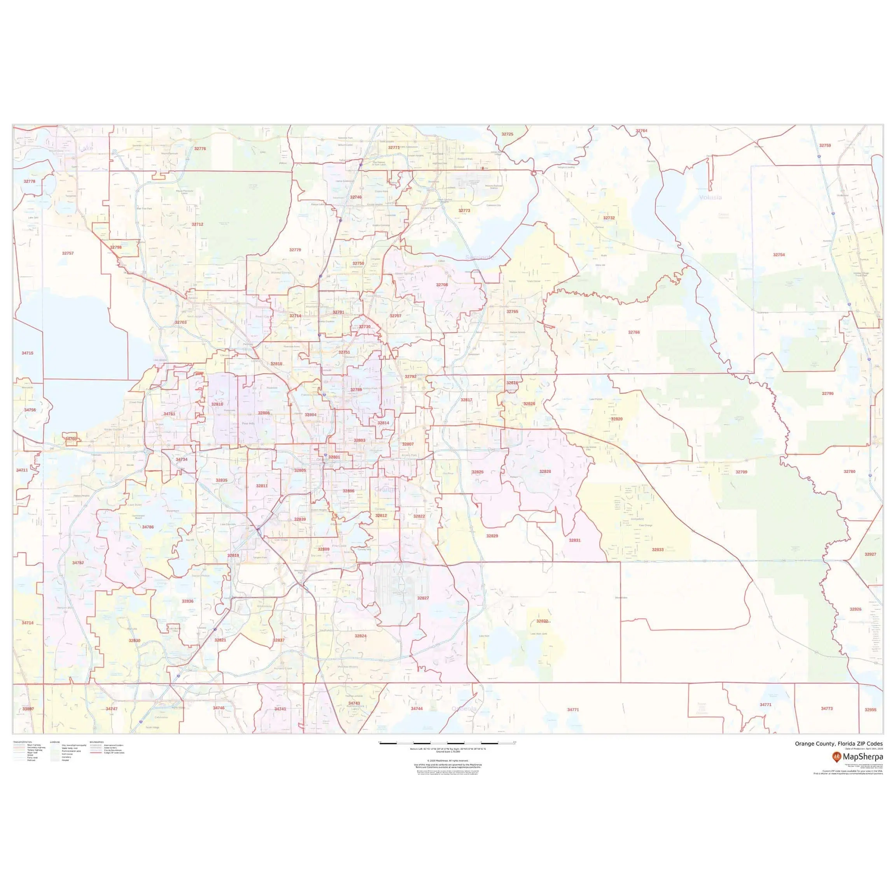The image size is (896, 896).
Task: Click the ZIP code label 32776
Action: pos(200,149)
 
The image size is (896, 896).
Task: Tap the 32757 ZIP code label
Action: pos(68,253)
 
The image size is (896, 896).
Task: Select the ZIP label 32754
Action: pos(779,255)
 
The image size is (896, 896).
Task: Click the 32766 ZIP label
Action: pos(634,332)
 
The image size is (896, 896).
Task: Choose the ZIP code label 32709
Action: pos(742,472)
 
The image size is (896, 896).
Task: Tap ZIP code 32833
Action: pos(658,549)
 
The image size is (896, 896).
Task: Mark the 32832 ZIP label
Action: pos(542,621)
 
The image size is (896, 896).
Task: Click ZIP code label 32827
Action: pos(423,598)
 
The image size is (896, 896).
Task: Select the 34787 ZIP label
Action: pos(78,563)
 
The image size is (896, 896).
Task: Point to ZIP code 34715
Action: pos(27,353)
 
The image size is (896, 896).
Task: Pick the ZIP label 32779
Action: pos(295,250)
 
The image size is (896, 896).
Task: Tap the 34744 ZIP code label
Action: pos(416,709)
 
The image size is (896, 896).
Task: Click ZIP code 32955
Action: pos(870,710)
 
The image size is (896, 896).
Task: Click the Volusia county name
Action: pos(710,197)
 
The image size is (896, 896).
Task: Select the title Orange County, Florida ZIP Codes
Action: pos(838,744)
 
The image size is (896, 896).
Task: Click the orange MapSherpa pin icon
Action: pos(836,757)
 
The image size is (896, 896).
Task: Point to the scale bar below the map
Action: pos(448,743)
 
